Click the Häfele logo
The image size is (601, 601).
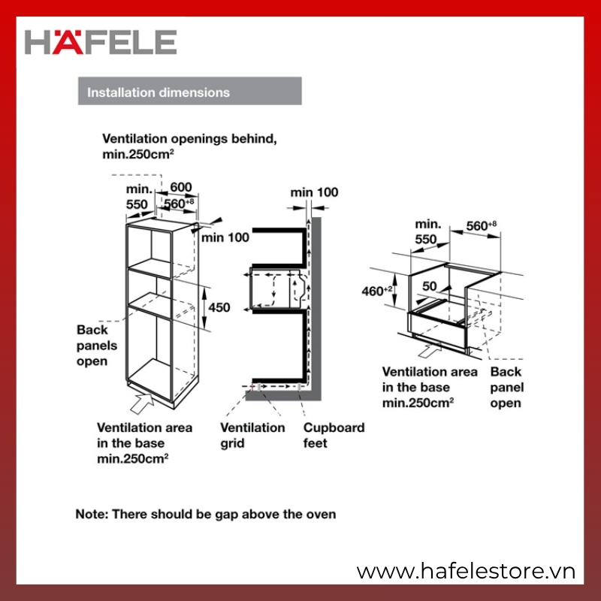pyautogui.click(x=101, y=42)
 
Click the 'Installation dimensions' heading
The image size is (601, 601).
pyautogui.click(x=159, y=92)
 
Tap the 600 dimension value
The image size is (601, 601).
pyautogui.click(x=181, y=187)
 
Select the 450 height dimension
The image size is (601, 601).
pyautogui.click(x=219, y=307)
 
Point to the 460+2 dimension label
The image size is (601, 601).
pyautogui.click(x=377, y=291)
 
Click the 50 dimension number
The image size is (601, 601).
pyautogui.click(x=429, y=286)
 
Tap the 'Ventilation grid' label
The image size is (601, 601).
pyautogui.click(x=252, y=435)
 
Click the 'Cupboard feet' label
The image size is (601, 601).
pyautogui.click(x=334, y=435)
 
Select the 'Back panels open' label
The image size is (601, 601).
pyautogui.click(x=97, y=346)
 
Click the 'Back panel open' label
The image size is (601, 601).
pyautogui.click(x=506, y=387)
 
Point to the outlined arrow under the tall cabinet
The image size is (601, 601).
pyautogui.click(x=143, y=403)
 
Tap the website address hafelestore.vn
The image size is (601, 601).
pyautogui.click(x=466, y=571)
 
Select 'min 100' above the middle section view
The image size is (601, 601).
pyautogui.click(x=314, y=192)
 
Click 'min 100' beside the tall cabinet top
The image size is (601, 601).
pyautogui.click(x=225, y=237)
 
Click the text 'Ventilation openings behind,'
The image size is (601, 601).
pyautogui.click(x=189, y=139)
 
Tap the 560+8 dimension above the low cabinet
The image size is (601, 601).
pyautogui.click(x=482, y=226)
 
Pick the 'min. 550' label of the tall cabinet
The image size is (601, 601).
pyautogui.click(x=139, y=197)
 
